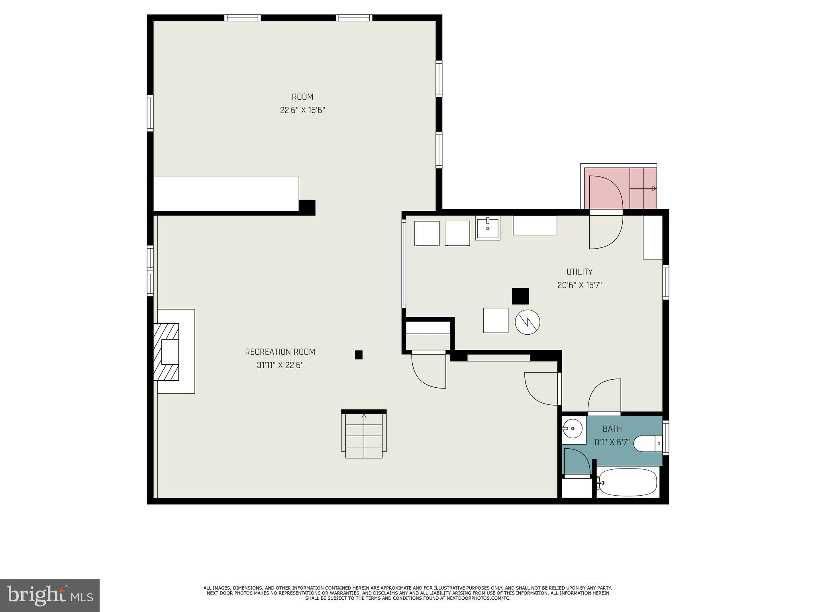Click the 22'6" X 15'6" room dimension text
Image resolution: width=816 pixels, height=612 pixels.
302,110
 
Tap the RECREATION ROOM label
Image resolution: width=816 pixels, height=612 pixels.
280,352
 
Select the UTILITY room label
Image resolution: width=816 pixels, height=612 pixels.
579,272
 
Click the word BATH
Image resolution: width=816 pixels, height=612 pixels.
612,429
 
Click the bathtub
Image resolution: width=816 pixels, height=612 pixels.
628,482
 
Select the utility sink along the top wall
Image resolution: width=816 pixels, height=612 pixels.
487,229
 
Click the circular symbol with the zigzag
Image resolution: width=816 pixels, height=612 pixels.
527,322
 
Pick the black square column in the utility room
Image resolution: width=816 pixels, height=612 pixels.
520,296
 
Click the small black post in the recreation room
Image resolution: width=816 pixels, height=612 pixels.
359,355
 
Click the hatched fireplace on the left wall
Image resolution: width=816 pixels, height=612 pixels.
167,351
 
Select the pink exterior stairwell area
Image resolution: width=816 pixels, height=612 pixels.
606,187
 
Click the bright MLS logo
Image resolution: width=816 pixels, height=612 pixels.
50,595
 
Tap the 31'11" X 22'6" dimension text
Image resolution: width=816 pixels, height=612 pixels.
280,365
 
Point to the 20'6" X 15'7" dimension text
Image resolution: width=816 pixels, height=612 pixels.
579,285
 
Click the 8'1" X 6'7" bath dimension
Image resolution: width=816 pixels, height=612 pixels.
612,442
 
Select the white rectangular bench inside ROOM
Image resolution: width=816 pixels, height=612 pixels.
226,194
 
